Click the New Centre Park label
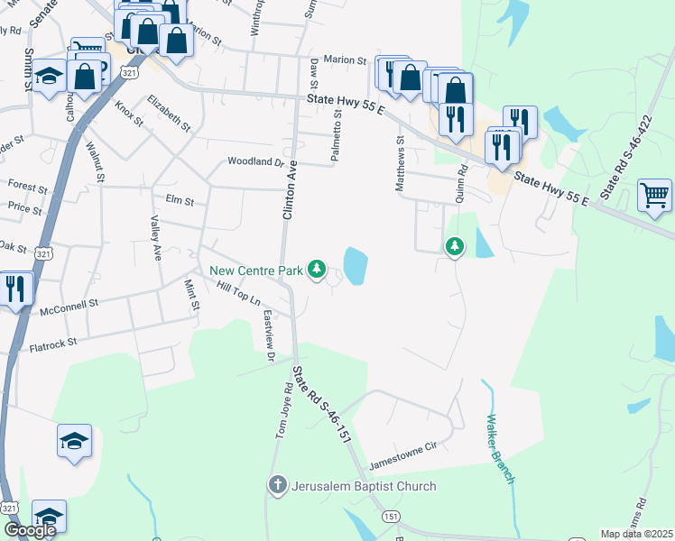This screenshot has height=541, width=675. [257, 270]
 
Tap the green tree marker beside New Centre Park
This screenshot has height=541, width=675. [317, 269]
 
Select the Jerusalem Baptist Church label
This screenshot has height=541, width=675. [364, 486]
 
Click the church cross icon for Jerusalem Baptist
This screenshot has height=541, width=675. [278, 486]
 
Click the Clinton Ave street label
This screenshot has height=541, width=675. [290, 196]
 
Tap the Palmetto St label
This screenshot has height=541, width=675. [336, 136]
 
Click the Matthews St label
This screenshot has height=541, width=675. [398, 163]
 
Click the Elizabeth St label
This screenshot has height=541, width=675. [170, 113]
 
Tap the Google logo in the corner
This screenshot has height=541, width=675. [30, 530]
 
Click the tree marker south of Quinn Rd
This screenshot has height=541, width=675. [455, 245]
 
